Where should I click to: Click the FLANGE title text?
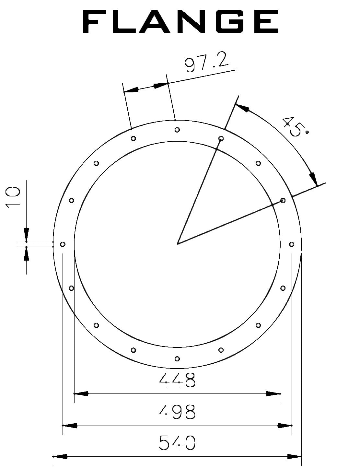180,21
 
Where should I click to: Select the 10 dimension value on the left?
13,196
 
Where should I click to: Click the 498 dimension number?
177,412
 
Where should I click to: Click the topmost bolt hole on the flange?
177,130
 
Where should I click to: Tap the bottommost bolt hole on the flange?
177,358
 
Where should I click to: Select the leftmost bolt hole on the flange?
63,244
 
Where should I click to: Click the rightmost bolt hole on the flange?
291,244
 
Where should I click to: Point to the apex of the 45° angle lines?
178,243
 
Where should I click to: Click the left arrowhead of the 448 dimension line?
81,393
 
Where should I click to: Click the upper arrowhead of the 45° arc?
242,108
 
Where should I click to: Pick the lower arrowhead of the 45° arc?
313,178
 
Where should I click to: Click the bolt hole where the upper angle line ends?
221,138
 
